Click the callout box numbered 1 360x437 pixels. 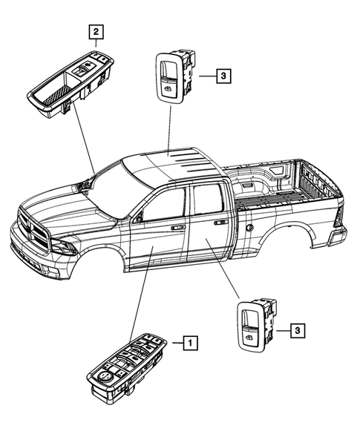pyautogui.click(x=191, y=342)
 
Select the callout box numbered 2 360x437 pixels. pyautogui.click(x=96, y=31)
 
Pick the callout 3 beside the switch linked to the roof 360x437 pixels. pyautogui.click(x=222, y=75)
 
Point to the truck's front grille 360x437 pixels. pyautogui.click(x=33, y=227)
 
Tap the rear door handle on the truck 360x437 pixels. pyautogui.click(x=220, y=223)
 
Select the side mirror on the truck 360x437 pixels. pyautogui.click(x=136, y=219)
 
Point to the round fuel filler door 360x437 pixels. pyautogui.click(x=249, y=226)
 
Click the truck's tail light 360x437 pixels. pyautogui.click(x=338, y=217)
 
